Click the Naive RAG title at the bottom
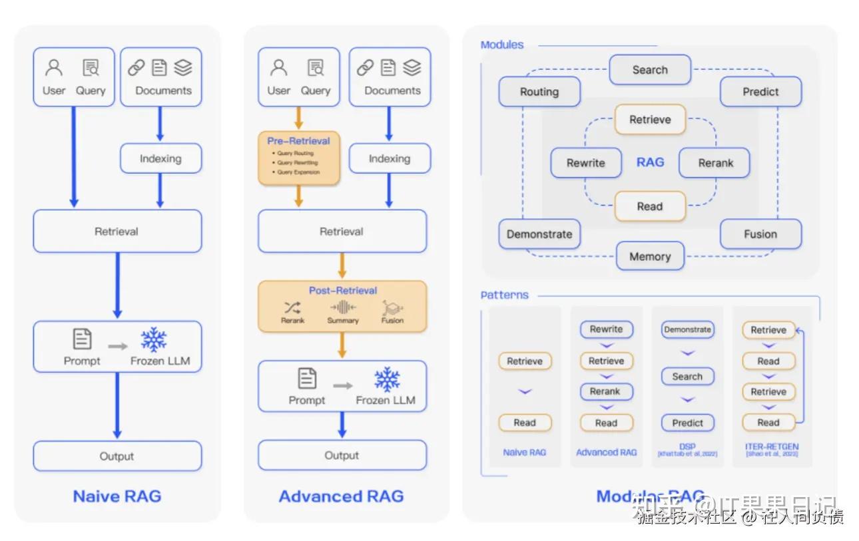pos(117,496)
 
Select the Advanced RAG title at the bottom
pos(341,496)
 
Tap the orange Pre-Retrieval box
pos(299,158)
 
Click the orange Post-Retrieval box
pos(342,306)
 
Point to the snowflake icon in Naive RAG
pos(154,339)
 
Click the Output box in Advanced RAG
pos(342,456)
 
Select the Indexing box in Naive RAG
pos(160,158)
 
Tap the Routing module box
pos(539,92)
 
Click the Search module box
pos(650,70)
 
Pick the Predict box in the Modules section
pos(760,92)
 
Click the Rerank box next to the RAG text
pos(715,163)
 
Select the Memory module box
pos(650,256)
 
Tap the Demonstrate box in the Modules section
pos(539,234)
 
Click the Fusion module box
pos(760,234)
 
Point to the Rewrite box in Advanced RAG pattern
pos(606,329)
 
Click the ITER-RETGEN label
pos(772,447)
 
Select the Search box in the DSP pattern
pos(687,377)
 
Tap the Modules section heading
pos(502,45)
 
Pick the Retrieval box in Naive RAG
pos(117,232)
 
